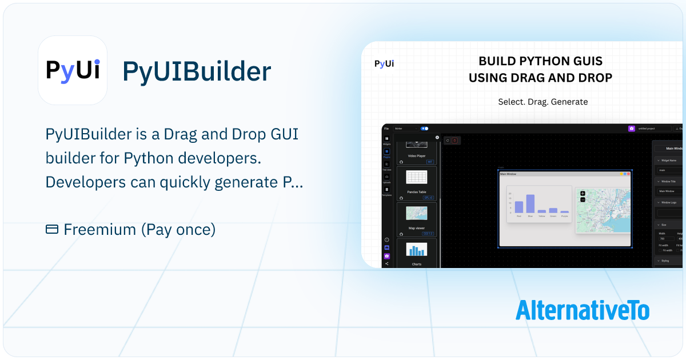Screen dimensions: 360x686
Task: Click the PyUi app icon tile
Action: pyautogui.click(x=73, y=70)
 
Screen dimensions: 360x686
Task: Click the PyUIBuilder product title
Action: pyautogui.click(x=197, y=71)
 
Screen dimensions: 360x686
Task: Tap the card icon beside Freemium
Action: pyautogui.click(x=51, y=230)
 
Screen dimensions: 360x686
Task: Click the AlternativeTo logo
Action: pyautogui.click(x=583, y=310)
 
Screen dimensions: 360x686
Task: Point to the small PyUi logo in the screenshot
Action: pyautogui.click(x=384, y=63)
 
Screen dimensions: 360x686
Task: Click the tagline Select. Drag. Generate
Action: pyautogui.click(x=543, y=102)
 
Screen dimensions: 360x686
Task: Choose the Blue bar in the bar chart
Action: pyautogui.click(x=530, y=203)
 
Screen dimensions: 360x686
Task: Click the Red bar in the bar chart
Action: pyautogui.click(x=519, y=207)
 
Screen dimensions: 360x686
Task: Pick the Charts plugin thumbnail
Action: pyautogui.click(x=417, y=250)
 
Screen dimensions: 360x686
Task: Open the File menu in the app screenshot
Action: pyautogui.click(x=386, y=129)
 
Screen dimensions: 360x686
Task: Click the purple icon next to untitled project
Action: pyautogui.click(x=631, y=129)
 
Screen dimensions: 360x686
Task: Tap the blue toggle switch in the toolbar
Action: pyautogui.click(x=424, y=129)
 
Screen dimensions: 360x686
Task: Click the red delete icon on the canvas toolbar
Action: pyautogui.click(x=454, y=140)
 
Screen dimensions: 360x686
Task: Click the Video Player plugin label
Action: pyautogui.click(x=417, y=155)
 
